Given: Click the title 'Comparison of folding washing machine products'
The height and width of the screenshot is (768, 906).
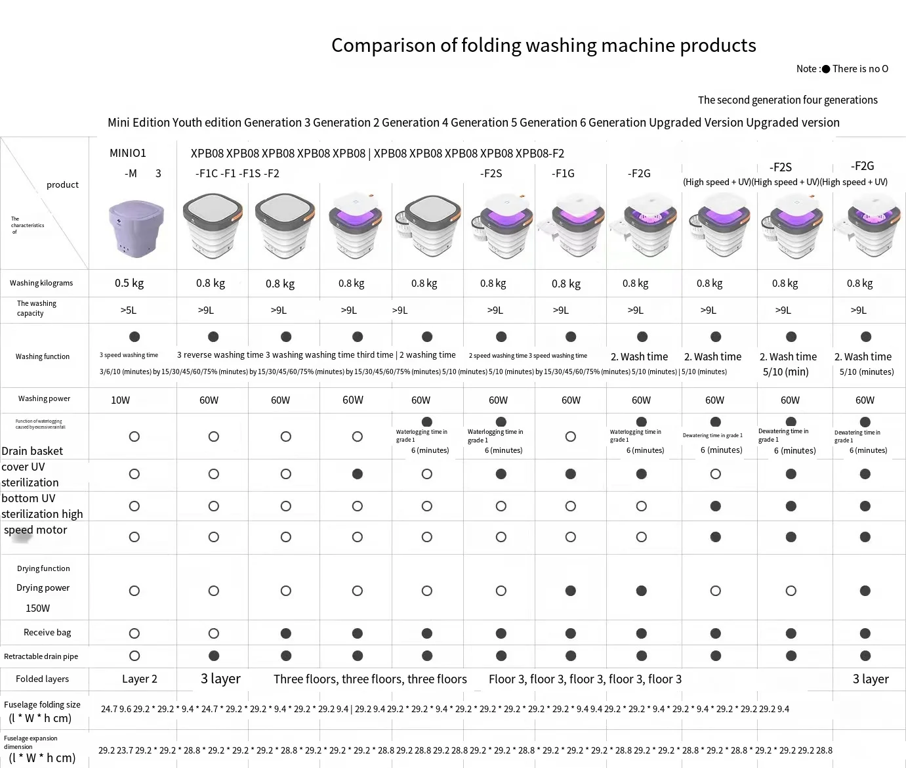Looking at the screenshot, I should click(x=543, y=45).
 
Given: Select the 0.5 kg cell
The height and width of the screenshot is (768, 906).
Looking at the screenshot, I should click(x=129, y=283).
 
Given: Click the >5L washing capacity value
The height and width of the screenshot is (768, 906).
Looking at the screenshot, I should click(x=129, y=310).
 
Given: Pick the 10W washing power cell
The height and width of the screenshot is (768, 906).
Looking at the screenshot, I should click(x=121, y=400).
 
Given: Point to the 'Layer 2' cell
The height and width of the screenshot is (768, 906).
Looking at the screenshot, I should click(x=140, y=679).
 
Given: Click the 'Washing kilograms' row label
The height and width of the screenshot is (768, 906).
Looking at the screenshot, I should click(x=41, y=283).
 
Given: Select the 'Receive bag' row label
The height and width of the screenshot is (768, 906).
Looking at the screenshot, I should click(x=47, y=632).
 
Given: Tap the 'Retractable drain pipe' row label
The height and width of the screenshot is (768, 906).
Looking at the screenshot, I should click(x=41, y=656).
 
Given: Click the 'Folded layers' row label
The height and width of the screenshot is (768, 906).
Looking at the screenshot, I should click(x=43, y=679).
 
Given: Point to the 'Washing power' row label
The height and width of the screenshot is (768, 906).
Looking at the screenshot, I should click(x=44, y=398).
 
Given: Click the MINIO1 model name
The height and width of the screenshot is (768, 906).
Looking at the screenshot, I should click(x=128, y=153).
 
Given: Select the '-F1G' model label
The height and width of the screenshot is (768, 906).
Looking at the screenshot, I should click(x=563, y=173).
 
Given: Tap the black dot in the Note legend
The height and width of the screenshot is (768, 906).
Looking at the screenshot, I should click(x=826, y=69).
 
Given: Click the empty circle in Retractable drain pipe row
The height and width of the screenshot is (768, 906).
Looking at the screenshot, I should click(x=134, y=656).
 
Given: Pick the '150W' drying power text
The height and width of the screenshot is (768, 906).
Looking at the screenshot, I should click(x=37, y=608).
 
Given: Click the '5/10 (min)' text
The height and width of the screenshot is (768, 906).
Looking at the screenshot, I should click(x=786, y=372).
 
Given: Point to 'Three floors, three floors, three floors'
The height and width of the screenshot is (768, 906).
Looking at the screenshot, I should click(x=370, y=679).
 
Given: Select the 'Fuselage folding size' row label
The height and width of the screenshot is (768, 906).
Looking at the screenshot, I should click(x=42, y=704).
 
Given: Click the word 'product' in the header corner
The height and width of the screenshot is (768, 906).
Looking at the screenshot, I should click(x=62, y=184).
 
